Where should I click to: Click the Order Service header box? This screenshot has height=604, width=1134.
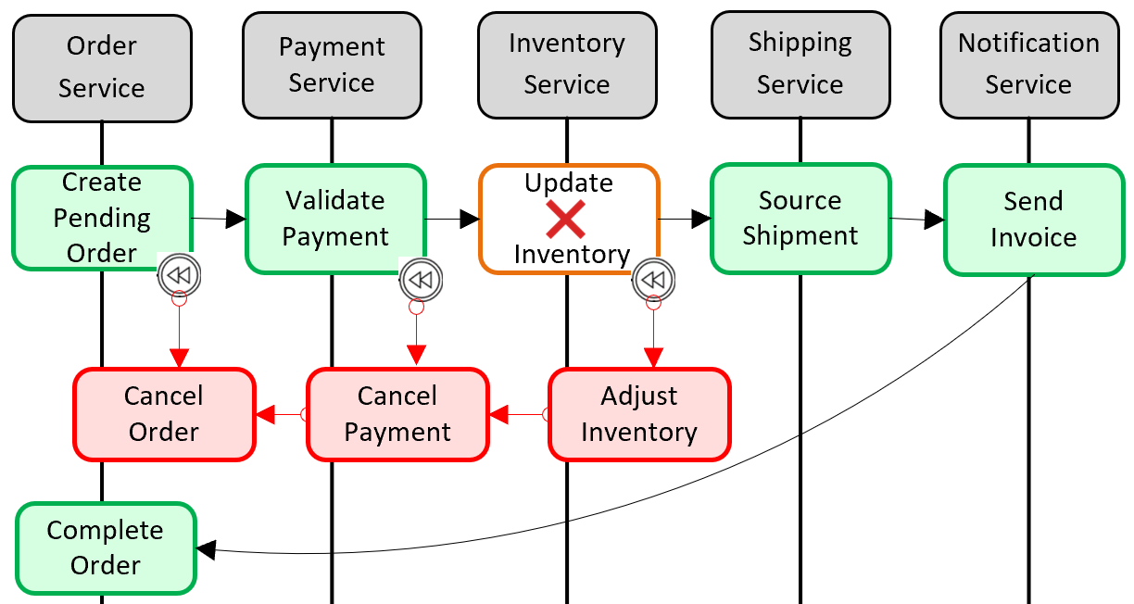pos(102,67)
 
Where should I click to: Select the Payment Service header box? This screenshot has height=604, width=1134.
pos(332,65)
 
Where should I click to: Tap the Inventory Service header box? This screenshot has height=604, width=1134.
pos(567,64)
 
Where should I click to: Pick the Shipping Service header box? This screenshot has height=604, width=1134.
pos(800,64)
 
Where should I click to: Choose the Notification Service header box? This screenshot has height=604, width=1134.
pos(1028,64)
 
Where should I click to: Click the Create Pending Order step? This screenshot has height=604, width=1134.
pos(102,218)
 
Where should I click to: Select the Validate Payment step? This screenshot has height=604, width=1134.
pos(335,219)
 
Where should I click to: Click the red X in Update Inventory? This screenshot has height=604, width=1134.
pos(566,219)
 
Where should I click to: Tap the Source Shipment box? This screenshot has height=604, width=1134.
pos(800,219)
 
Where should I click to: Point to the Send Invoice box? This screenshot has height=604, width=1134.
pos(1033,220)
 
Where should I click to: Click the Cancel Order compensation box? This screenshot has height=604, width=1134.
pos(164,414)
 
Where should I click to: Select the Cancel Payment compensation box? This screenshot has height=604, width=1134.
pos(397,414)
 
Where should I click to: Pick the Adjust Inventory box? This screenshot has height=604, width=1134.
pos(639,414)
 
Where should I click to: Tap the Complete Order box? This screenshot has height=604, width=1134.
pos(106,547)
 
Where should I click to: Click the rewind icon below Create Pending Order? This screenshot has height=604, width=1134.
pos(179,275)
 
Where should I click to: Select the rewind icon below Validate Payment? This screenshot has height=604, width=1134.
pos(421,280)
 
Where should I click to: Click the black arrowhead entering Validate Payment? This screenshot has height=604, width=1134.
pos(236,219)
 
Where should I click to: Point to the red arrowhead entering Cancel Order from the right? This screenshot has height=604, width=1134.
pos(265,414)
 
